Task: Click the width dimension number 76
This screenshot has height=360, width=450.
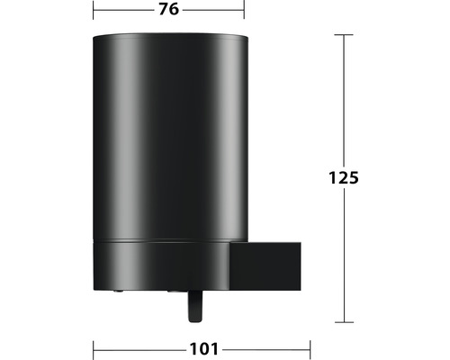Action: coord(168,10)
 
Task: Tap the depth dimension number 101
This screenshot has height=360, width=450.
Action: coord(202,347)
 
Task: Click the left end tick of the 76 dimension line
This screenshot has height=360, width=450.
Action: coord(94,11)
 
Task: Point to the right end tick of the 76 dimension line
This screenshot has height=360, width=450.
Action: coord(244,11)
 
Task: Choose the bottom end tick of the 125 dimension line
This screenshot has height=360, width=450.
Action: coord(343,322)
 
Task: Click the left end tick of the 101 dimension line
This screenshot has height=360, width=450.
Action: coord(94,347)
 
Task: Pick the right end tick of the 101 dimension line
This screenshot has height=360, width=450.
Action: coord(310,347)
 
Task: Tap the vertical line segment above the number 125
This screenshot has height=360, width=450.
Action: coord(343,99)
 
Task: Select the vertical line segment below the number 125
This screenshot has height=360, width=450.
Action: coord(343,256)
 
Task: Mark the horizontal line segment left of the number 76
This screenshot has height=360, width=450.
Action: coord(122,11)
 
